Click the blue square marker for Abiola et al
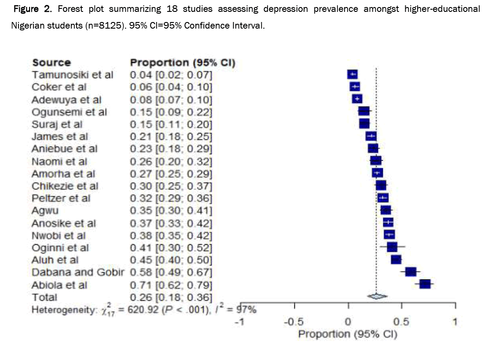(x=425, y=284)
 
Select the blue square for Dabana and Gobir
(x=411, y=272)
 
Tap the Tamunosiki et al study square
(x=352, y=74)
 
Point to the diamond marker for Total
(x=376, y=297)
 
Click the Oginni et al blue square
(x=392, y=247)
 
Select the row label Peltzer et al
(x=61, y=198)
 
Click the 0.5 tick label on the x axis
(x=401, y=322)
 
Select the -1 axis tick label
(x=239, y=322)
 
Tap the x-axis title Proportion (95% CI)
(x=348, y=334)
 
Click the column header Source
(x=51, y=62)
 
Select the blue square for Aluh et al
(x=396, y=260)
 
